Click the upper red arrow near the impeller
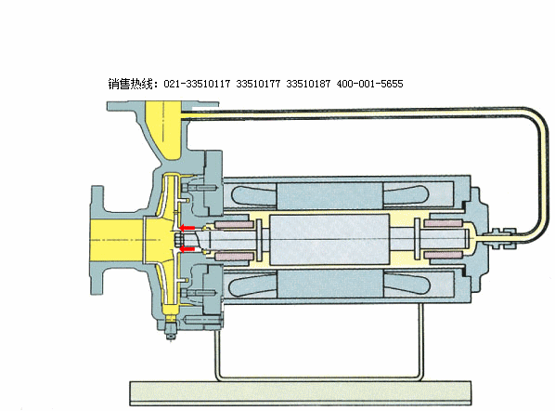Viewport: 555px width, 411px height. (187, 228)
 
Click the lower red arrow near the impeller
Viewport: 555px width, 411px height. (187, 249)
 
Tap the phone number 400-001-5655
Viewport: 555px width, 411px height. (369, 84)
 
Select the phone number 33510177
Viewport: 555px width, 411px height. (258, 84)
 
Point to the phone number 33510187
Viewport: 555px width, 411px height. (308, 84)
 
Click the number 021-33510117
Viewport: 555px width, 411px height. (197, 84)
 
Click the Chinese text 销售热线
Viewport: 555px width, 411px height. (130, 84)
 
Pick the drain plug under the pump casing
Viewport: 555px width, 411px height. (171, 330)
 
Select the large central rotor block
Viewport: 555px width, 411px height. (329, 239)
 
